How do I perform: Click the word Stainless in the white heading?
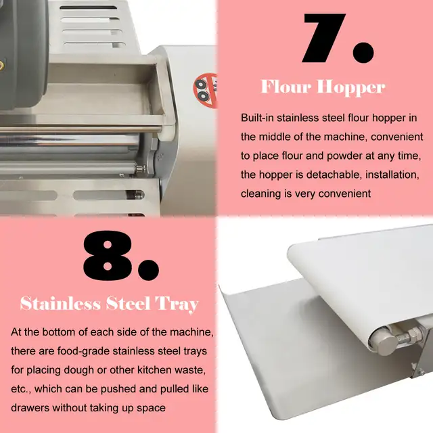click(x=59, y=302)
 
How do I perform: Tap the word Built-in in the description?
click(x=259, y=118)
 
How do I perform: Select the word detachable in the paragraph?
click(x=327, y=175)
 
